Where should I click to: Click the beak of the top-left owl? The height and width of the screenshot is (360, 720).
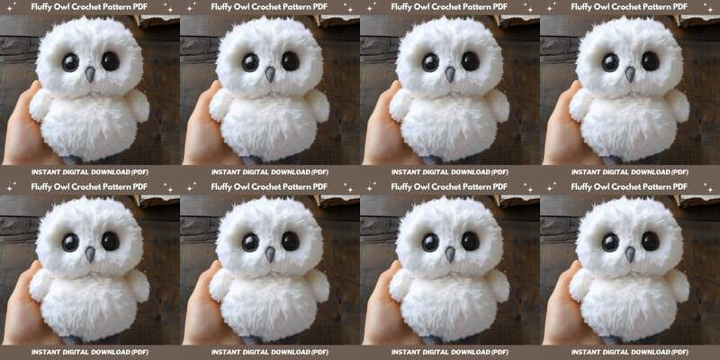pos(90,74)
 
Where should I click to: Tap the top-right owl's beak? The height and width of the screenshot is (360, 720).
pos(630,74)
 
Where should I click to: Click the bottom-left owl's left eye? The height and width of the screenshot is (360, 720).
pos(70,242)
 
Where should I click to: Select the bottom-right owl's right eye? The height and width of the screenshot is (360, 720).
pos(650,241)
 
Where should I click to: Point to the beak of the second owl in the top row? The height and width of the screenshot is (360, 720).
pos(270,74)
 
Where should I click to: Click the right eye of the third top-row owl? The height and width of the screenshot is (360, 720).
pos(470,61)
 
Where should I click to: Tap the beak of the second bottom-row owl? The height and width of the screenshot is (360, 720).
pos(270,254)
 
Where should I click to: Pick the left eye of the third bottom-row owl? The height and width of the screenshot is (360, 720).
pos(430,242)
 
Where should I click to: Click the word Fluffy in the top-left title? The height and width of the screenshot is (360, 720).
pos(42,7)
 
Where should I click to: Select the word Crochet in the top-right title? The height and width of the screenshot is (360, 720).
pos(626,7)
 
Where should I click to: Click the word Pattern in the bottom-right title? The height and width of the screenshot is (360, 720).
pos(658,187)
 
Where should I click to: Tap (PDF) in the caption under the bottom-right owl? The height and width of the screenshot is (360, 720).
pos(679,352)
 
